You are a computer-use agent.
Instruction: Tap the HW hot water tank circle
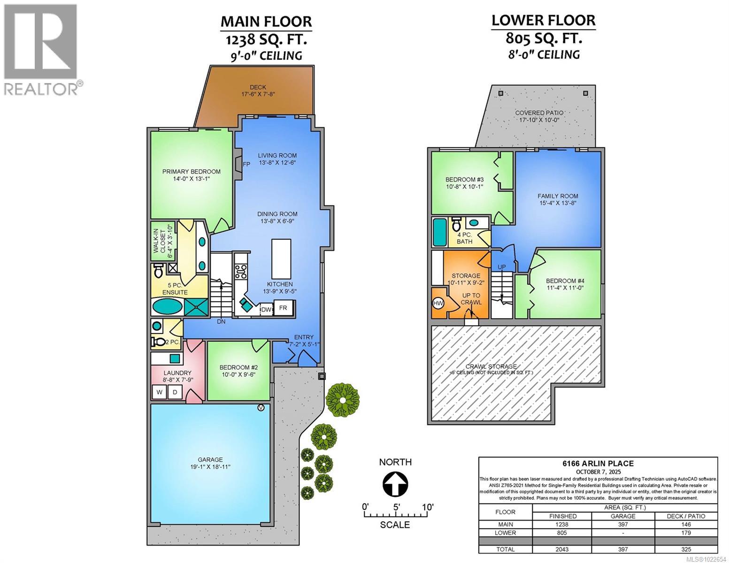[438, 304]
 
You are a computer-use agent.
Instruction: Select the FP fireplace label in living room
[246, 164]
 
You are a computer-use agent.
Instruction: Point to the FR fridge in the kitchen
[283, 308]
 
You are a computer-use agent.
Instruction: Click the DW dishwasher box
[266, 310]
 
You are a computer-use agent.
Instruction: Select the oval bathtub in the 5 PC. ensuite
[168, 307]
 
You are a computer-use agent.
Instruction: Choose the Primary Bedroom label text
[191, 172]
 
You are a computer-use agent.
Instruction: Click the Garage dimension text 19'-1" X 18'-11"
[210, 467]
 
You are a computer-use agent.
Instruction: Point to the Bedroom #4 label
[565, 281]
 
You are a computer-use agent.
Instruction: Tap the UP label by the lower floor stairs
[501, 267]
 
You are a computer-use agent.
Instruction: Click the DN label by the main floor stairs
[221, 322]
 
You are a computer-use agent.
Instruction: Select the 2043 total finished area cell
[562, 549]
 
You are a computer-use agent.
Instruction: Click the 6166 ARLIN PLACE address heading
[598, 464]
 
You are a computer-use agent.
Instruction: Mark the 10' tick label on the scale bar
[427, 507]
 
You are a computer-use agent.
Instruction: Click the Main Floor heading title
[266, 22]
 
